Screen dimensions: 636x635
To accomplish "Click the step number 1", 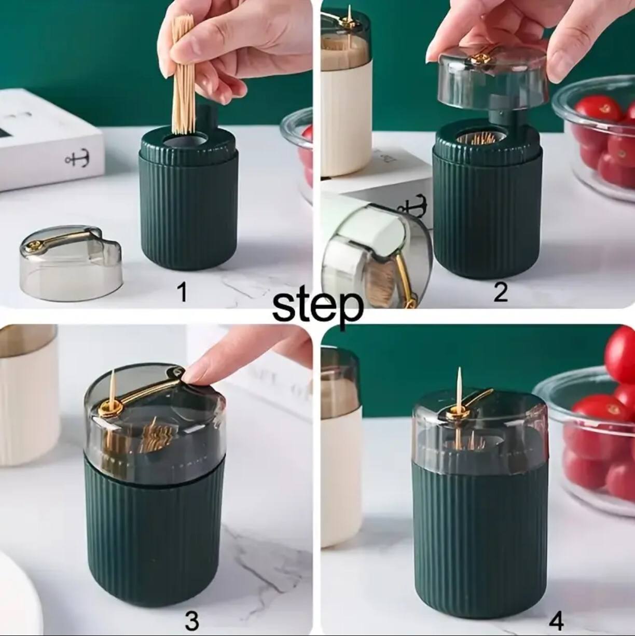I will click(182, 293).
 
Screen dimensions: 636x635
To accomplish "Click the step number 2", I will click(501, 293).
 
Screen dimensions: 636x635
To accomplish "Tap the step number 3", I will click(191, 621).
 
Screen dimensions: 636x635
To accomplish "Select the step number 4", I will click(556, 620).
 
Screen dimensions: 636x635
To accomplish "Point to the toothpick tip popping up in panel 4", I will click(459, 384).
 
